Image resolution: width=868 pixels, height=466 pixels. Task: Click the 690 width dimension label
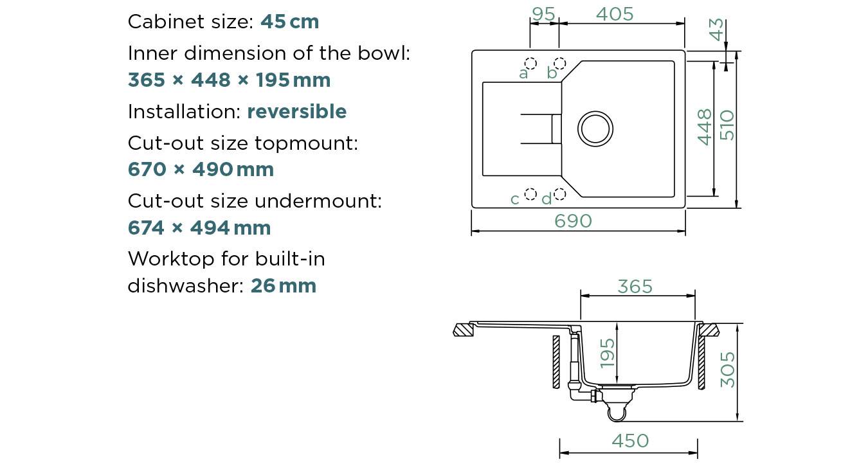[573, 221]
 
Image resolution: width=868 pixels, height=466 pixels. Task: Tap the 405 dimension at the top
[615, 14]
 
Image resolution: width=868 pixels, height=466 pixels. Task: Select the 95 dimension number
[543, 14]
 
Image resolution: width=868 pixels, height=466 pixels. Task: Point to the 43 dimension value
[716, 30]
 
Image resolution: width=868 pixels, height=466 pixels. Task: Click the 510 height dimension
[727, 125]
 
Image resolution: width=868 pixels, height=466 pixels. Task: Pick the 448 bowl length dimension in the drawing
[705, 127]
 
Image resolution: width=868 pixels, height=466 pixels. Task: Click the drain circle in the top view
[595, 129]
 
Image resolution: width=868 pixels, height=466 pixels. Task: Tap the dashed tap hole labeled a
[530, 64]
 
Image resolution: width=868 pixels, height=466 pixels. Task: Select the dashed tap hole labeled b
[559, 63]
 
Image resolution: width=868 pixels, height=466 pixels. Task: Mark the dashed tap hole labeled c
[530, 194]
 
